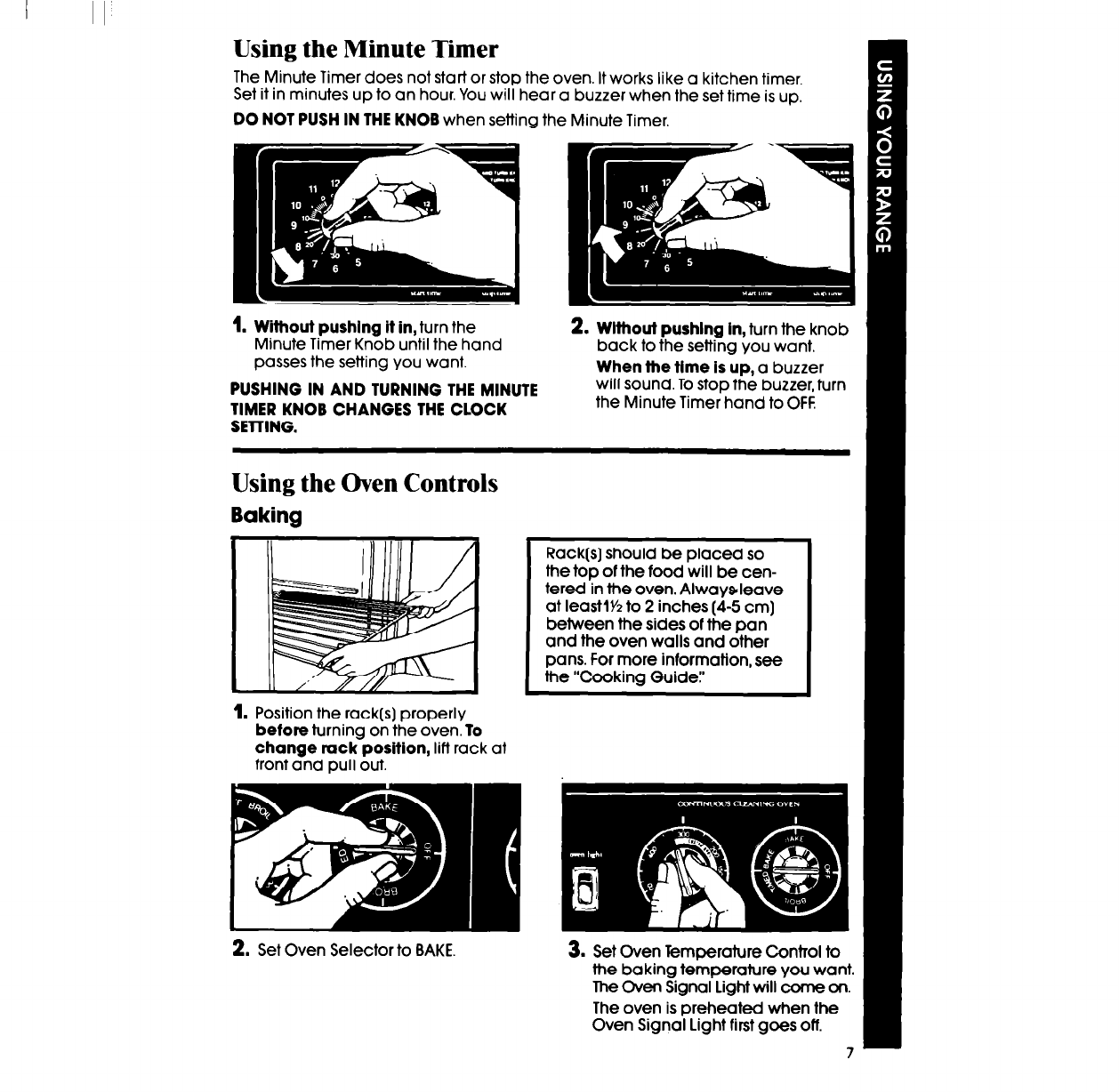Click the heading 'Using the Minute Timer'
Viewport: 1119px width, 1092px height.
click(x=365, y=48)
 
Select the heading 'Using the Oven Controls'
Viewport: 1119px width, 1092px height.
click(x=365, y=483)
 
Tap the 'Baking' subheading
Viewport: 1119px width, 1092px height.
click(x=267, y=516)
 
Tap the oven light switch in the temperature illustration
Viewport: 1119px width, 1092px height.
click(x=586, y=886)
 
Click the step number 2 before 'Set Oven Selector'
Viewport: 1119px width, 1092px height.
click(x=239, y=950)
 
